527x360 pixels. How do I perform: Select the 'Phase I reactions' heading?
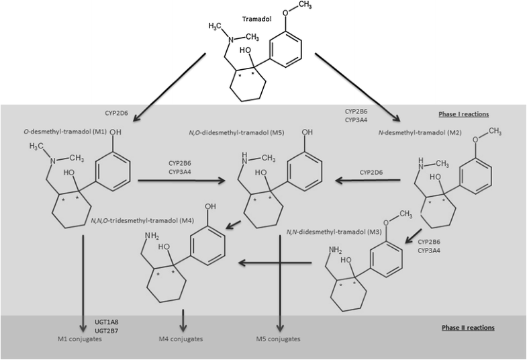[463, 115]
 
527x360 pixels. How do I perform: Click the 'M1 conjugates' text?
[80, 339]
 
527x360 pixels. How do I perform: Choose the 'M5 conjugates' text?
[278, 339]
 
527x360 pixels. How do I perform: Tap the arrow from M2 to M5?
[373, 180]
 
